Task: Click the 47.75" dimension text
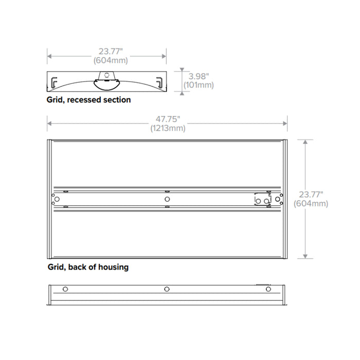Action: [168, 119]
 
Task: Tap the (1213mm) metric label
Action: [168, 129]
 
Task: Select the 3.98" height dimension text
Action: [198, 76]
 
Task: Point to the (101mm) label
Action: [198, 85]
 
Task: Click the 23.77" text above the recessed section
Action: [107, 51]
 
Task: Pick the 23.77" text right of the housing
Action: [310, 194]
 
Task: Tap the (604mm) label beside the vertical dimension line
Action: [311, 204]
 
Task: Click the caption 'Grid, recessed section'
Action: [89, 100]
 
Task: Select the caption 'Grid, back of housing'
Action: [88, 267]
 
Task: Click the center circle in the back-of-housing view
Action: [167, 199]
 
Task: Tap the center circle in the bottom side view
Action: [167, 290]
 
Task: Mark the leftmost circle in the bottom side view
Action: [65, 290]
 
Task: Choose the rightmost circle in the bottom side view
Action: [268, 290]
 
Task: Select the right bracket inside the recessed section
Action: [160, 81]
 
